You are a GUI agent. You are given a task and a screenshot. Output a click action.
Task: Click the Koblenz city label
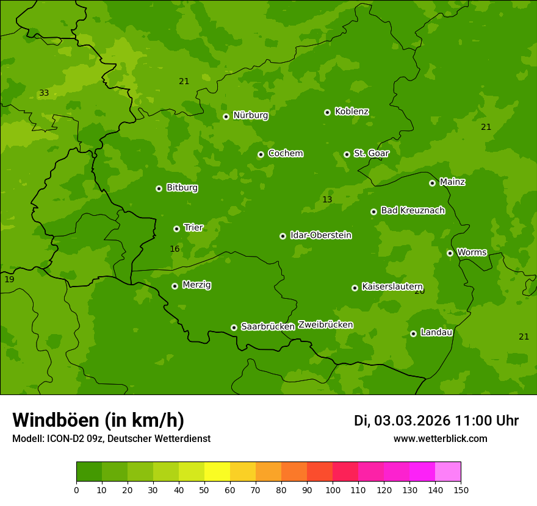pyautogui.click(x=352, y=112)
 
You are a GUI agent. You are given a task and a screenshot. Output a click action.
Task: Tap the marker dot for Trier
pyautogui.click(x=177, y=229)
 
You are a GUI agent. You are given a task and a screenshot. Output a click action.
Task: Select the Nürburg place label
pyautogui.click(x=250, y=115)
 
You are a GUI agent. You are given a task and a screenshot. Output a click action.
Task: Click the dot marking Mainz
pyautogui.click(x=432, y=183)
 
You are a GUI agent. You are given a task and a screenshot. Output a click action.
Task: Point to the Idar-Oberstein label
pyautogui.click(x=320, y=235)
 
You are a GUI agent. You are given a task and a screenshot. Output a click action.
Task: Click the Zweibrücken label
pyautogui.click(x=325, y=325)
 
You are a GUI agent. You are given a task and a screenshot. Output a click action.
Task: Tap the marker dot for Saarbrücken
pyautogui.click(x=234, y=327)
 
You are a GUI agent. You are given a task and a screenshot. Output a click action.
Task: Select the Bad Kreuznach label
pyautogui.click(x=413, y=211)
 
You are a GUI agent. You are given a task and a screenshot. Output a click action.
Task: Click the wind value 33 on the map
pyautogui.click(x=44, y=93)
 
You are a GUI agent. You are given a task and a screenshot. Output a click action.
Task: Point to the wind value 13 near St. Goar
pyautogui.click(x=327, y=200)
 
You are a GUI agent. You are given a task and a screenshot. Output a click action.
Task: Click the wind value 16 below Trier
pyautogui.click(x=175, y=249)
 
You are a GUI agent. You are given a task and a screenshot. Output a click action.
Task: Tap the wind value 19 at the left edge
pyautogui.click(x=9, y=279)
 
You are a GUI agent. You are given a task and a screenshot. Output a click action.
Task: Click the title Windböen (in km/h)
pyautogui.click(x=98, y=420)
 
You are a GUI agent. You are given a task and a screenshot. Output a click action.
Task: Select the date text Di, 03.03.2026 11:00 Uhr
pyautogui.click(x=436, y=421)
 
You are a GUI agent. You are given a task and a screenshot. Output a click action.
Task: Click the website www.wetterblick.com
pyautogui.click(x=440, y=439)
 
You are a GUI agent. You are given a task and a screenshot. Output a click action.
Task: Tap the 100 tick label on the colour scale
pyautogui.click(x=333, y=490)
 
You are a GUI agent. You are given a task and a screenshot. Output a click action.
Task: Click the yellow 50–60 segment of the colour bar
pyautogui.click(x=217, y=472)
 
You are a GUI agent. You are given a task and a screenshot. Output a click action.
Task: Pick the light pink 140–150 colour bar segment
pyautogui.click(x=447, y=472)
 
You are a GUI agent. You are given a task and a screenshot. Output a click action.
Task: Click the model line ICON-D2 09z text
pyautogui.click(x=111, y=439)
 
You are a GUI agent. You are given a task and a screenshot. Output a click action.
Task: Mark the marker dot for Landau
pyautogui.click(x=413, y=333)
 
